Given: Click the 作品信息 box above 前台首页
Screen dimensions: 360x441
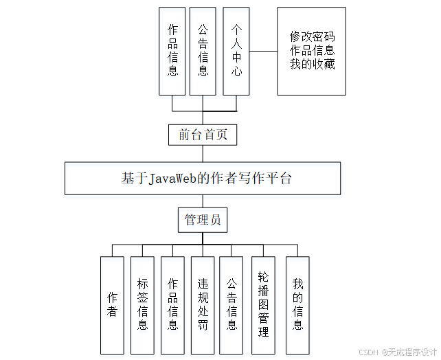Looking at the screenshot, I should point(172,51).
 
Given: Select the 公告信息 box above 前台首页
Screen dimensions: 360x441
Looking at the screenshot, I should point(203,51).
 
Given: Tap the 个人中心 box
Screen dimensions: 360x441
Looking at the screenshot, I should point(236,51).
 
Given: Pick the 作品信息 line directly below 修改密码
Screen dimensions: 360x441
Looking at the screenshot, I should point(312,50).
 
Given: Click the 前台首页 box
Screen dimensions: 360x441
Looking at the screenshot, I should point(203,135).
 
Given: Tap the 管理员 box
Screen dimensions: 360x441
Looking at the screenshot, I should point(203,220).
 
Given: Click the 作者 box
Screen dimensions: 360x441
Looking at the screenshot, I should point(112,304).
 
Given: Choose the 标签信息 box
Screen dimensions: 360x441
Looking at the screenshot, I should point(142,304).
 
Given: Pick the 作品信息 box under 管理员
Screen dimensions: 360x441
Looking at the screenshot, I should point(172,304).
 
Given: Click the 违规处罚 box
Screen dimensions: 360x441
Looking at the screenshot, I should point(203,304).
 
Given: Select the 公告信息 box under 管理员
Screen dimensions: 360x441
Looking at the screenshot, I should point(231,304).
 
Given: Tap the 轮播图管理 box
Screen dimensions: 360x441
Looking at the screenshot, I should point(263,304).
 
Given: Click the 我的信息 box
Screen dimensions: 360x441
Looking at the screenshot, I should point(297,304).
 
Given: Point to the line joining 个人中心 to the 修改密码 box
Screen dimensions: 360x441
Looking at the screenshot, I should point(263,51).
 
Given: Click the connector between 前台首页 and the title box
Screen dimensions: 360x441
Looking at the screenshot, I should point(203,153).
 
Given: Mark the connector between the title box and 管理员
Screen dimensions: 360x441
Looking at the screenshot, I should point(203,201).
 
